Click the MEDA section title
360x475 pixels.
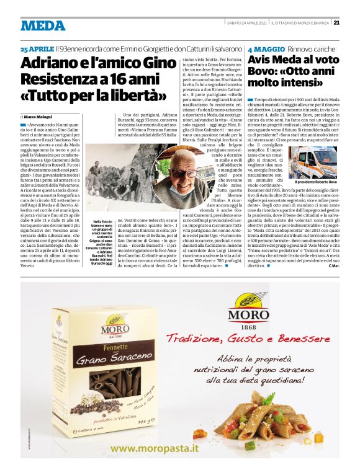tap(43, 25)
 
